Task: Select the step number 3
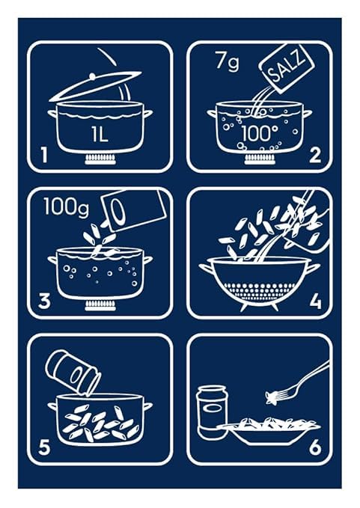(45, 302)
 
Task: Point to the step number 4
(315, 302)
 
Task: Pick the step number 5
(45, 448)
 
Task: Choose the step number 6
(315, 448)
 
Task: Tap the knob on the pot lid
(91, 76)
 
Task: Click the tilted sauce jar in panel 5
(73, 371)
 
